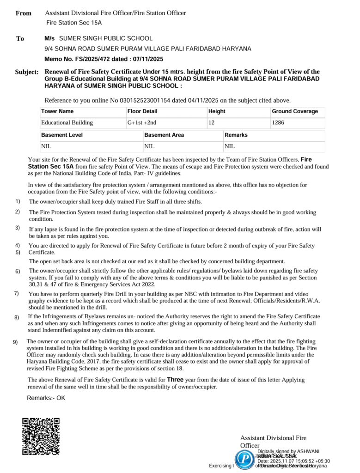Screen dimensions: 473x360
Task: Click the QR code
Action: [41, 436]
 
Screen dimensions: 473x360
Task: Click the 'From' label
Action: [24, 13]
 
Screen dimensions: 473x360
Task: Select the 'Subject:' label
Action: [27, 73]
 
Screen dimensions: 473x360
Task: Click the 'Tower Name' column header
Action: [57, 111]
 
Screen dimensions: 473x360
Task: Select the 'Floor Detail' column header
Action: [142, 111]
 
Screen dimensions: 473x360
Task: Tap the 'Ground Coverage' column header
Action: [295, 111]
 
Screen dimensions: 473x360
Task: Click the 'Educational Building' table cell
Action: [67, 123]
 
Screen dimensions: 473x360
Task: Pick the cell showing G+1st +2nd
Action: [142, 123]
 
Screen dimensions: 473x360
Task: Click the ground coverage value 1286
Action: [278, 123]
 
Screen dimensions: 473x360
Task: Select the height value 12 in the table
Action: [212, 123]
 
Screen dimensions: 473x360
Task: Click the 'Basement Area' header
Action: [164, 135]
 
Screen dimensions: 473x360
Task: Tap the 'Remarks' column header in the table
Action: [236, 135]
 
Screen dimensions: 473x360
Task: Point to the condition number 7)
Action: [17, 293]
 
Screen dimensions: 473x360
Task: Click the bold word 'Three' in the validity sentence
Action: [175, 380]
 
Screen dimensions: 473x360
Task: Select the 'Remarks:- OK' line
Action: [46, 398]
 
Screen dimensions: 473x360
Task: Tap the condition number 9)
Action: [15, 342]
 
